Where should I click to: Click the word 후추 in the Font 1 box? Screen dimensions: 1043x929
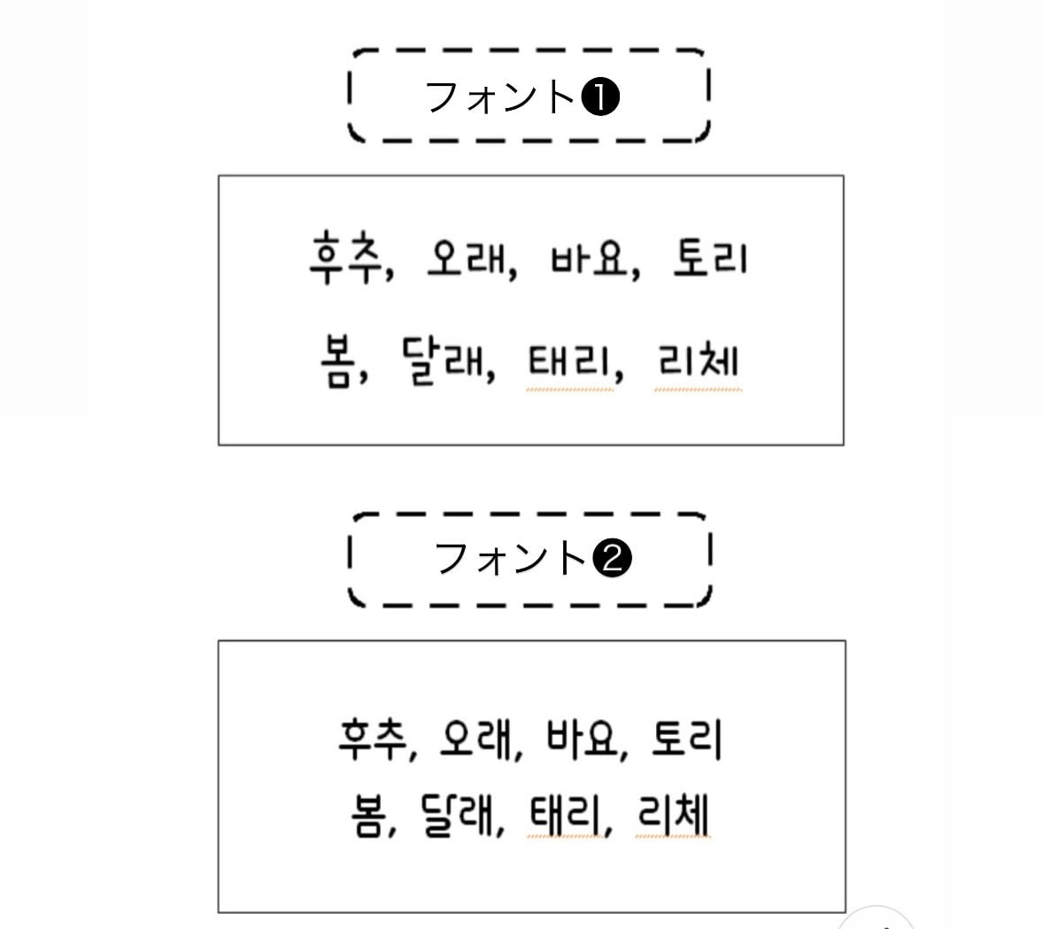[x=344, y=258]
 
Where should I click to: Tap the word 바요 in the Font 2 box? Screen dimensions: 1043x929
[x=581, y=739]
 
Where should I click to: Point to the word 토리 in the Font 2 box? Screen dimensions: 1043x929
[x=686, y=739]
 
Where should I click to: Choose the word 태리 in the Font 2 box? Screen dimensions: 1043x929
[x=563, y=815]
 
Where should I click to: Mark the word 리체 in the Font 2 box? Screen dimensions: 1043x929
[x=672, y=815]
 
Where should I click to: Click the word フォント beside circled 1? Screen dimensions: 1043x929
[x=500, y=97]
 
